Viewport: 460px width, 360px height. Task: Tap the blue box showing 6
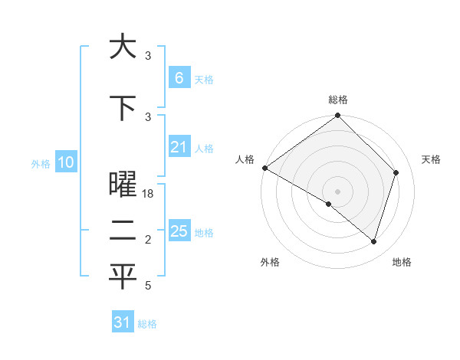click(x=179, y=77)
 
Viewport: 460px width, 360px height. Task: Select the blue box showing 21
click(x=179, y=147)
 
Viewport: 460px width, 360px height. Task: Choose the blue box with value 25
click(x=179, y=231)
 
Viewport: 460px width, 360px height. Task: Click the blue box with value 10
click(x=67, y=162)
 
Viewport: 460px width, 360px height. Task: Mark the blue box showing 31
click(x=123, y=322)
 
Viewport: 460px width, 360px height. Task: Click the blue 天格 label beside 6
click(x=204, y=80)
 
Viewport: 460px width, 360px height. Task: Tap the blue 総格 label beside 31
click(x=147, y=325)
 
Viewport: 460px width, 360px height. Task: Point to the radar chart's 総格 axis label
click(x=338, y=100)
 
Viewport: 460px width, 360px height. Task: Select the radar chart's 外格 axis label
click(x=270, y=263)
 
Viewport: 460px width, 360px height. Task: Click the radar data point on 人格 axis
click(x=264, y=168)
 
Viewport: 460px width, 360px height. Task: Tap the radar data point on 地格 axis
click(x=374, y=242)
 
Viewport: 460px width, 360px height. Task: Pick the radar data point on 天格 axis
click(x=396, y=172)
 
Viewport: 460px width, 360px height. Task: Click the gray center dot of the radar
click(x=338, y=191)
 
